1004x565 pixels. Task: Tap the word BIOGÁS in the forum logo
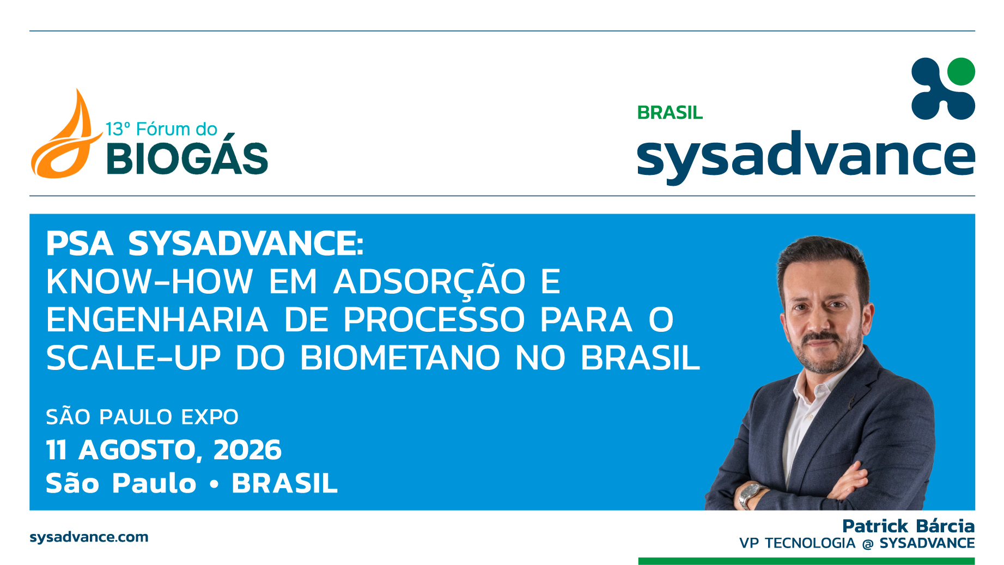coord(187,159)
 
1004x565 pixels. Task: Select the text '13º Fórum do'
coord(161,129)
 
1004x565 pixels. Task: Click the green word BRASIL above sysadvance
coord(670,113)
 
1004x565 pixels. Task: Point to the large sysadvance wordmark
coord(806,156)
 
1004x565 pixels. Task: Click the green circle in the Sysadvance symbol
coord(961,71)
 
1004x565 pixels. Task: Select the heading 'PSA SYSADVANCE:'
coord(205,243)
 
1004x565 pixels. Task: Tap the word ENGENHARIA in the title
coord(157,320)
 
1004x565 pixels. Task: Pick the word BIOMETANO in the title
coord(400,358)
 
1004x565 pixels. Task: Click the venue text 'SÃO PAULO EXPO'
coord(142,417)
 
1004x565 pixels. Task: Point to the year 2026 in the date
coord(247,450)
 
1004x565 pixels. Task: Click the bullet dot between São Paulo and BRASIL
coord(214,483)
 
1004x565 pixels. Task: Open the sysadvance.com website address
coord(89,537)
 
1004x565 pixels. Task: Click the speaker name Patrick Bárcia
coord(908,526)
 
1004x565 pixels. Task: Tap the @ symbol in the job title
coord(868,544)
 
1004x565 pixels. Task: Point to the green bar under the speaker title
coord(806,561)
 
